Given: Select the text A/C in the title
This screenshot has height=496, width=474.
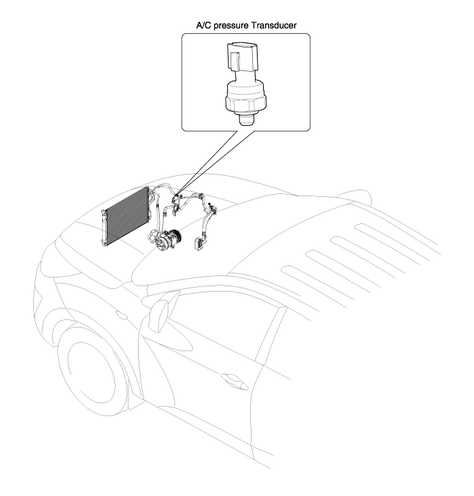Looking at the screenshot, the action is [204, 25].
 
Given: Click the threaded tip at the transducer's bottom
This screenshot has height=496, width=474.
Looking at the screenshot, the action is [246, 120].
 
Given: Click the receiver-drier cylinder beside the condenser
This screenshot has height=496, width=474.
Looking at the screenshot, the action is [103, 227].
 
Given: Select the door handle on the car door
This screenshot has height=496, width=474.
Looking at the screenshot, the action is [234, 380].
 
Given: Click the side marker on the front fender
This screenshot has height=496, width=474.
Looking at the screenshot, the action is [121, 315].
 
